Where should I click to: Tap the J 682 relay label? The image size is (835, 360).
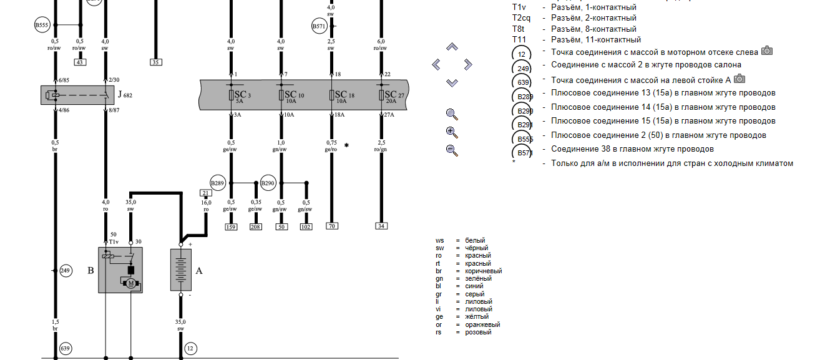(125, 95)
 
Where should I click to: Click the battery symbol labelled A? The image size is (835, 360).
(180, 269)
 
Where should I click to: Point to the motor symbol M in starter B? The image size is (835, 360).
(131, 284)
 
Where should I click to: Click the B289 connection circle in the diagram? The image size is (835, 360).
(218, 183)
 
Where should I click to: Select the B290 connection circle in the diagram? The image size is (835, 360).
(268, 183)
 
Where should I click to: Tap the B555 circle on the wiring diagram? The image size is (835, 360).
(42, 26)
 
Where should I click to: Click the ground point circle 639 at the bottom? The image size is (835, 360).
(66, 348)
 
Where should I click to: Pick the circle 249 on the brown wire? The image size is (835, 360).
(66, 271)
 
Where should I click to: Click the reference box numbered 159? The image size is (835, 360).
(231, 226)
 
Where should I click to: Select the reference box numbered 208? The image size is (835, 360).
(256, 226)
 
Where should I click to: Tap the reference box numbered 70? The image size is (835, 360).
(331, 226)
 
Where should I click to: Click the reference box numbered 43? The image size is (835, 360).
(80, 62)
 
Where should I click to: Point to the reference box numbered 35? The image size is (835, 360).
(155, 62)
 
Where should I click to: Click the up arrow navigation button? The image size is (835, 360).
(452, 47)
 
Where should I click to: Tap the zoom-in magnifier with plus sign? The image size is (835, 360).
(452, 132)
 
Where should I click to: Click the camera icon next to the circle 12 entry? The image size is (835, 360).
(767, 51)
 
